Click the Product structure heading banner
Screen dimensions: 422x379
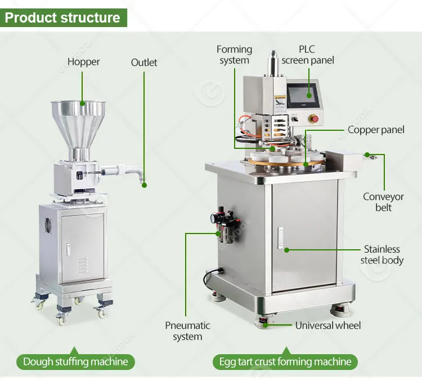pyautogui.click(x=64, y=18)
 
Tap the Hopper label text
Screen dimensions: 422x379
pyautogui.click(x=83, y=62)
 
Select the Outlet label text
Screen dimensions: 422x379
pyautogui.click(x=144, y=63)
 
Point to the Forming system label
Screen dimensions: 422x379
pyautogui.click(x=234, y=55)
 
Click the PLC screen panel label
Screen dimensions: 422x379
pyautogui.click(x=308, y=55)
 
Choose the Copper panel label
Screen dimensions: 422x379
pyautogui.click(x=376, y=130)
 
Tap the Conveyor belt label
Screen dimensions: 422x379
pyautogui.click(x=383, y=202)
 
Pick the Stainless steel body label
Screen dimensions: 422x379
pyautogui.click(x=382, y=255)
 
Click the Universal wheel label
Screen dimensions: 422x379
pyautogui.click(x=328, y=325)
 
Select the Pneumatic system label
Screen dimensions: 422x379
pyautogui.click(x=187, y=331)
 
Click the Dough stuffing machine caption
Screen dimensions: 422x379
pyautogui.click(x=75, y=362)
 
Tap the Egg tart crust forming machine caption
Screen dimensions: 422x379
pyautogui.click(x=285, y=362)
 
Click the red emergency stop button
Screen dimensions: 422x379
pyautogui.click(x=314, y=118)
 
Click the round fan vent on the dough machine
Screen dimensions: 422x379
pyautogui.click(x=48, y=225)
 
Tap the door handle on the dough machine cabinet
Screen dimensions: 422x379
pyautogui.click(x=68, y=249)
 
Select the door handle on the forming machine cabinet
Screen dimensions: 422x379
pyautogui.click(x=280, y=237)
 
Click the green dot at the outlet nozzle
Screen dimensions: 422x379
pyautogui.click(x=144, y=186)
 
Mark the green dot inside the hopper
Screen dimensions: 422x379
pyautogui.click(x=82, y=103)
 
